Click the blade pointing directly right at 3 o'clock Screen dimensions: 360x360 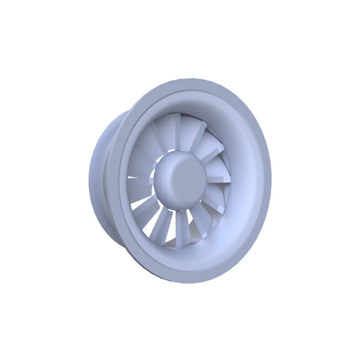(219, 178)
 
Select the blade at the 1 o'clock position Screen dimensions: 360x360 (197, 136)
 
